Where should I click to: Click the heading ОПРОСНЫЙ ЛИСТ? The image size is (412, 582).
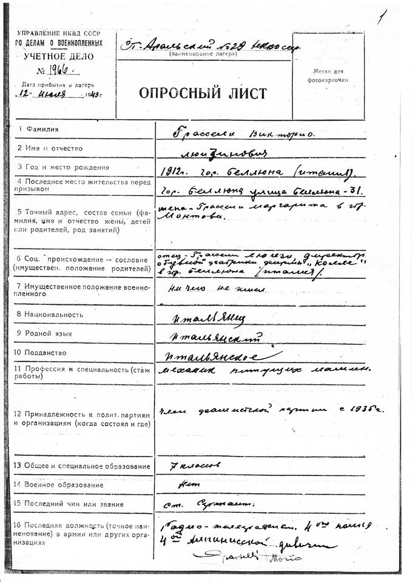tap(203, 94)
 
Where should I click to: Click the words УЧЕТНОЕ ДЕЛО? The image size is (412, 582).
tap(60, 56)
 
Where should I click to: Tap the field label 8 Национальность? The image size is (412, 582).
tap(50, 314)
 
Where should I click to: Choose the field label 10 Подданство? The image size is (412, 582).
tap(46, 352)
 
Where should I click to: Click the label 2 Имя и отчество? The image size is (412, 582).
tap(50, 148)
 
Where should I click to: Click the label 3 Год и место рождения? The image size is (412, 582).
tap(63, 167)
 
